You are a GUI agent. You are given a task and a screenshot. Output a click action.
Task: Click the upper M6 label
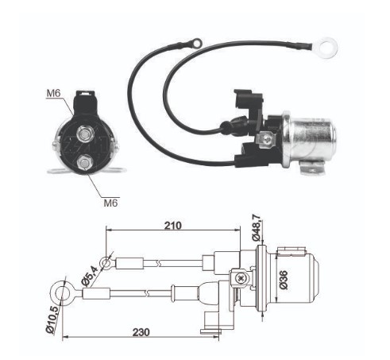pos(52,95)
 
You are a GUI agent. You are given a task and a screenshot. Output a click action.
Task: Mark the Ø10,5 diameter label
pos(50,318)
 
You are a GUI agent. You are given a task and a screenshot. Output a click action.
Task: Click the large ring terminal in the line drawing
pos(60,289)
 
